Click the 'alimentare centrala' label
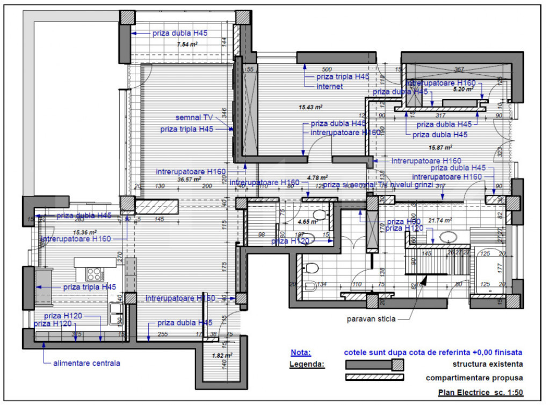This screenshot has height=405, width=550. click(x=86, y=363)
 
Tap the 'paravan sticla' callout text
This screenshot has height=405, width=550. click(x=370, y=318)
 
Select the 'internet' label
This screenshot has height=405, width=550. click(x=329, y=87)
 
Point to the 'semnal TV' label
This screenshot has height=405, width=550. click(x=194, y=117)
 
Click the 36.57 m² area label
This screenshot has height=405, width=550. click(x=189, y=179)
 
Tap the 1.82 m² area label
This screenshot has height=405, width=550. click(x=221, y=356)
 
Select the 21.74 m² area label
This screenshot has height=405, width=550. click(x=440, y=220)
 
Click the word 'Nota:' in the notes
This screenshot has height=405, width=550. click(x=300, y=353)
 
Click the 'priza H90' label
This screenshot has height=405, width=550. click(x=403, y=222)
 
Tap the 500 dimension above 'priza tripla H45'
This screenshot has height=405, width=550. click(x=327, y=69)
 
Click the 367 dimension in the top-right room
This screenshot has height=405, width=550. click(x=459, y=69)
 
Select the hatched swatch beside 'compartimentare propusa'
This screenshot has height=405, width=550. click(x=374, y=378)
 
